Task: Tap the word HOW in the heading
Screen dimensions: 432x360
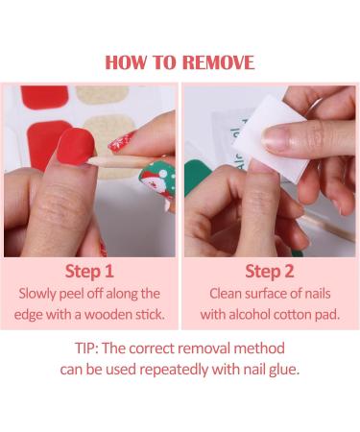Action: pyautogui.click(x=127, y=62)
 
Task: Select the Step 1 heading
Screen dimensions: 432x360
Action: pyautogui.click(x=89, y=271)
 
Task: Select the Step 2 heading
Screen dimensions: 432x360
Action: pyautogui.click(x=270, y=271)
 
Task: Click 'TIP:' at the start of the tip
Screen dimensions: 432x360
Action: pyautogui.click(x=91, y=348)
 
